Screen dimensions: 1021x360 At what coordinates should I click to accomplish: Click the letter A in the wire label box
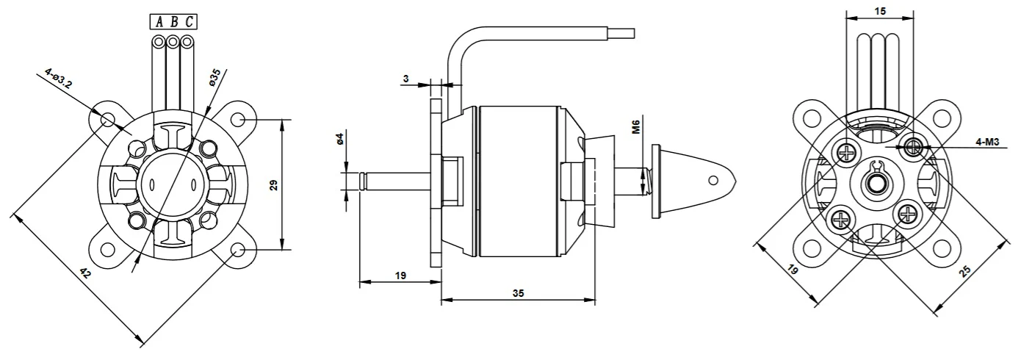coord(159,21)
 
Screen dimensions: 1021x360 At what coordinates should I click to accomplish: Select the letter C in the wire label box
coord(190,21)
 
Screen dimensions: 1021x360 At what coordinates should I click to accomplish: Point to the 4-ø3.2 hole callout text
coord(58,79)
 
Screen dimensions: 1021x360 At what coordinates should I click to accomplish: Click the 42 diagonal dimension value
coord(85,273)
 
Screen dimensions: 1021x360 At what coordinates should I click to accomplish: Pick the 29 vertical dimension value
coord(273,185)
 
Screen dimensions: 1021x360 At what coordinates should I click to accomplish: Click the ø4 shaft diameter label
coord(339,139)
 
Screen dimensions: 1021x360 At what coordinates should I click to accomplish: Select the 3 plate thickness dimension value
coord(405,79)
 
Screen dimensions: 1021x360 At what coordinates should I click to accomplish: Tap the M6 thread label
coord(636,126)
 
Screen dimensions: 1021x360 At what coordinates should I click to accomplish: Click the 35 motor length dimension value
coord(519,293)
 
